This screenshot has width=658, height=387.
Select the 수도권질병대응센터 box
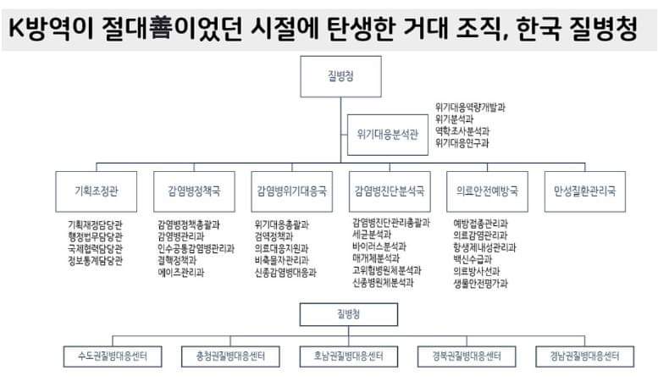tap(113, 355)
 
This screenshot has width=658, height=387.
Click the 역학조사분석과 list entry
tap(462, 131)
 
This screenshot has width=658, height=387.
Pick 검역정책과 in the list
tap(275, 237)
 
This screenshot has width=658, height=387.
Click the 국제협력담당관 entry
tap(96, 249)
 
